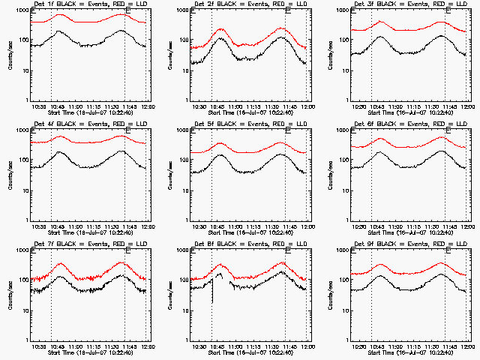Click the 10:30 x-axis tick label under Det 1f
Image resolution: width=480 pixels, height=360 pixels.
click(x=39, y=106)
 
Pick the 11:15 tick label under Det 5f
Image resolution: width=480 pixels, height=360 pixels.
click(x=252, y=226)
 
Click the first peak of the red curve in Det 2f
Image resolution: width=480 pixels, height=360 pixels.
click(x=221, y=29)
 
